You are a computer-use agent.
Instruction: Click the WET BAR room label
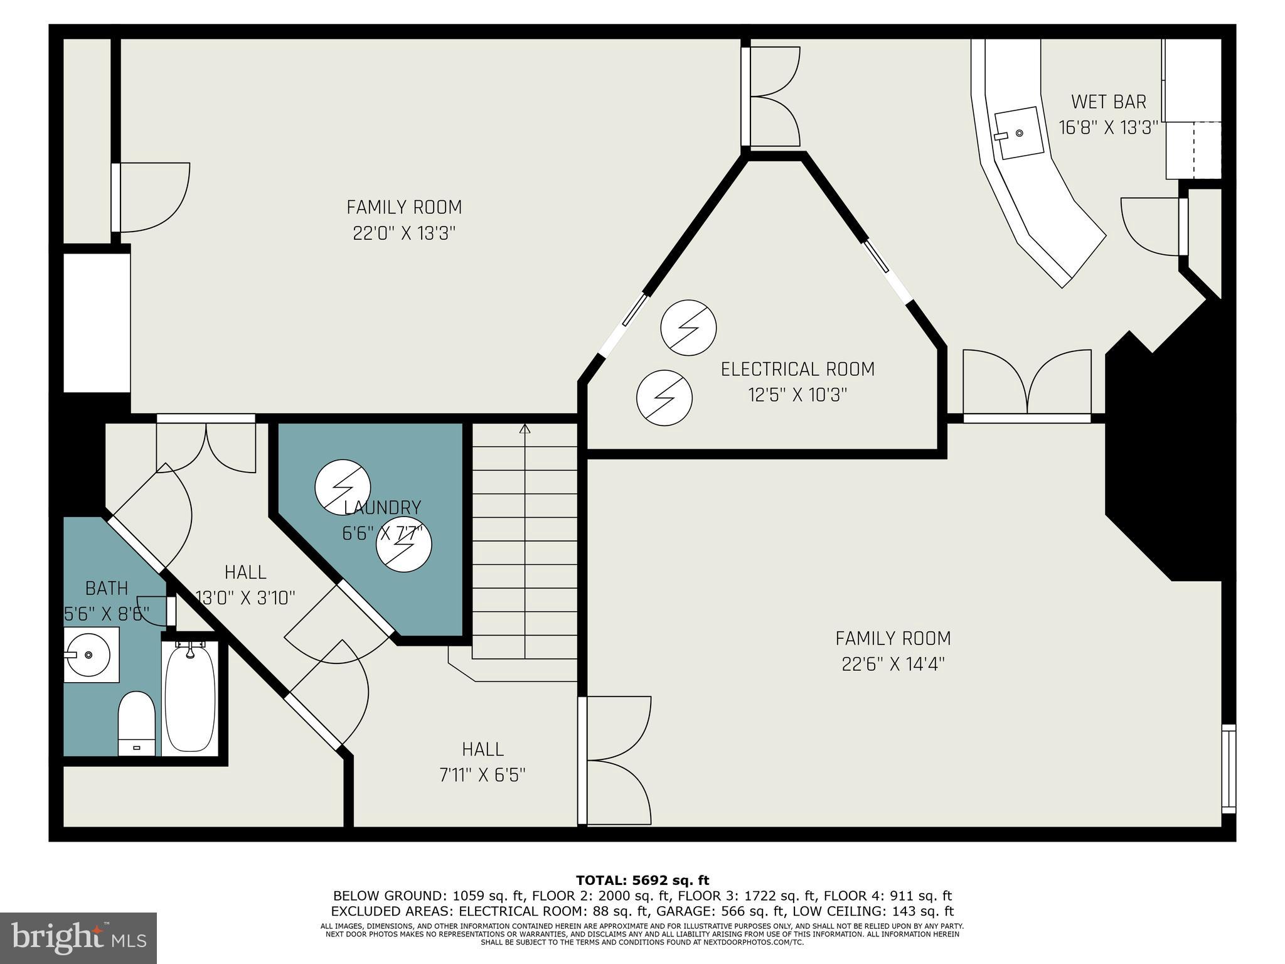point(1108,101)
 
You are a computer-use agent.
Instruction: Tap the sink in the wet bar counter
point(1020,132)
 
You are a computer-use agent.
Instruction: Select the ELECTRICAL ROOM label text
point(797,369)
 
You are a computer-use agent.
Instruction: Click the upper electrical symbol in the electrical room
point(688,328)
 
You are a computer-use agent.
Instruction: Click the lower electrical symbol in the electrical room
point(664,397)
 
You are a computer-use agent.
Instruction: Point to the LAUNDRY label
point(382,507)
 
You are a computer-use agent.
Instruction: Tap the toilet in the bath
point(137,724)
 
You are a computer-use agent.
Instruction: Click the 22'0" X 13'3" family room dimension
point(403,233)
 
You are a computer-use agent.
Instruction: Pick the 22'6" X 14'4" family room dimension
point(893,664)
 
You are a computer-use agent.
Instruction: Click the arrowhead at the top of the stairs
point(525,429)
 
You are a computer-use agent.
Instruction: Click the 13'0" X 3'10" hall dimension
point(245,597)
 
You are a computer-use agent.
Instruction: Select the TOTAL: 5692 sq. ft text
point(642,881)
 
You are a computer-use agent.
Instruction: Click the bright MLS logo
point(78,938)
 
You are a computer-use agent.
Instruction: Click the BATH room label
point(107,588)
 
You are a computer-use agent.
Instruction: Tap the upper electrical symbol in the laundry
point(342,488)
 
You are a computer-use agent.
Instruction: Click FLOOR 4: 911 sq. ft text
point(887,896)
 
